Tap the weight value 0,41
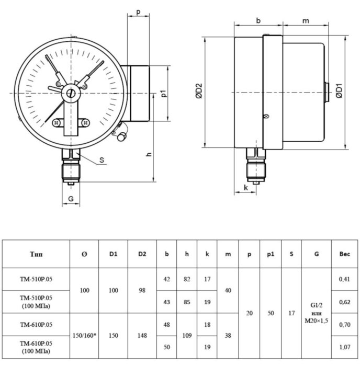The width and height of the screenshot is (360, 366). tap(345, 279)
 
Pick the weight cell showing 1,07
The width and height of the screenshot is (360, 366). tap(345, 347)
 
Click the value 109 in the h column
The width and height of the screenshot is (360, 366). tap(187, 336)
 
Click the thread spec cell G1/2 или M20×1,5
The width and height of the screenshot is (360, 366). tap(317, 313)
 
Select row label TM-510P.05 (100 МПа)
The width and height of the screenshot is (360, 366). tap(37, 302)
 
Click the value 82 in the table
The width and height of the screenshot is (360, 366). tap(187, 279)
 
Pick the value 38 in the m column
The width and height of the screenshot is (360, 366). tap(228, 336)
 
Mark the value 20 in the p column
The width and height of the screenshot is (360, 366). tap(249, 313)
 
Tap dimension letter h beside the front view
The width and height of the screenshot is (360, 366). tap(149, 154)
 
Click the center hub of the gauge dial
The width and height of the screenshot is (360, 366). tap(71, 93)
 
